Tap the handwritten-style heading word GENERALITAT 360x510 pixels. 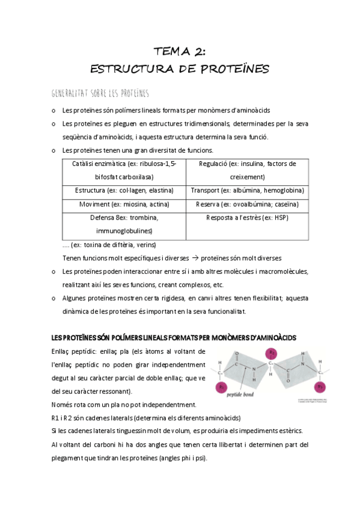pos(72,93)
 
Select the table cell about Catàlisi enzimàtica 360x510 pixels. pos(124,170)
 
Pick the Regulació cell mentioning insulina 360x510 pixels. pos(247,170)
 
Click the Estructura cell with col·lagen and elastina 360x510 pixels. pos(124,191)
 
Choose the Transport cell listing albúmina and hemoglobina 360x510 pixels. pos(247,191)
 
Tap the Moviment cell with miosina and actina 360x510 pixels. pos(124,204)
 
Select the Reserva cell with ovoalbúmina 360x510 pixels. pos(247,204)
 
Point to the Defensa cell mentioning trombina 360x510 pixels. pos(124,224)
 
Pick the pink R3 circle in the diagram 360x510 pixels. pos(320,386)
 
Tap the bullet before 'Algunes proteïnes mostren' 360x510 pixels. pos(54,299)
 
